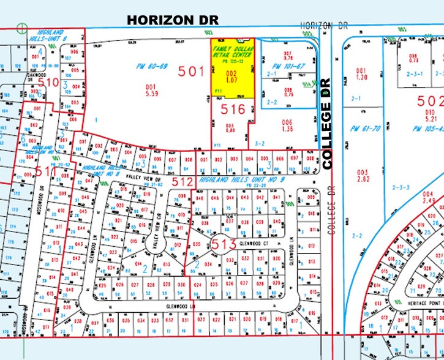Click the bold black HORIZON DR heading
168,20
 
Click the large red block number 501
191,72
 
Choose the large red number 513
224,244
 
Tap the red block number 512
182,182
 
